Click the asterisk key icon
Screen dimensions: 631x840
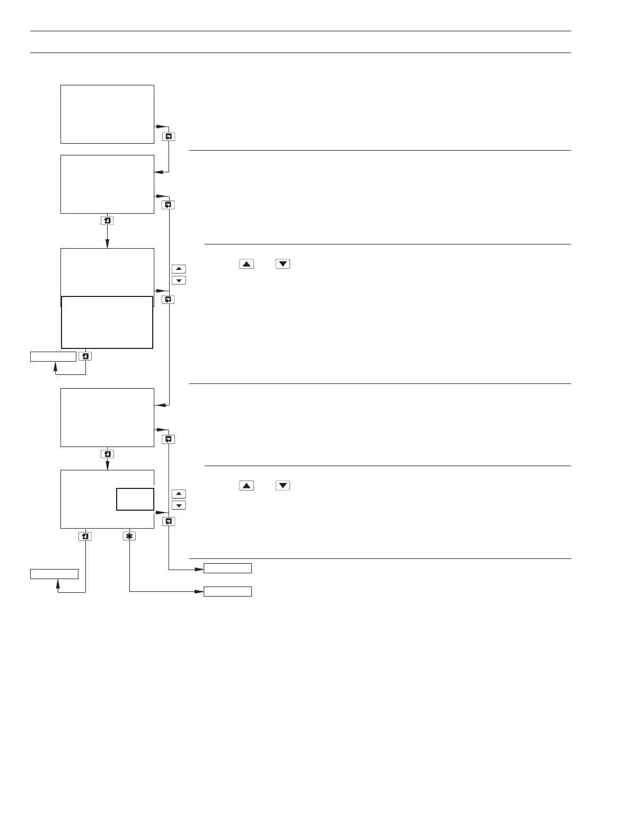click(129, 536)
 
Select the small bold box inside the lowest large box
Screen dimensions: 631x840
click(135, 499)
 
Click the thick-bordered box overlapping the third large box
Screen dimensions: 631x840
click(107, 322)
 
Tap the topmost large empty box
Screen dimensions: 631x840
click(107, 114)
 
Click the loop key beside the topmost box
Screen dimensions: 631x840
click(169, 136)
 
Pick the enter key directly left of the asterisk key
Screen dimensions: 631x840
click(85, 536)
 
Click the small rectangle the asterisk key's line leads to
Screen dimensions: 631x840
click(227, 591)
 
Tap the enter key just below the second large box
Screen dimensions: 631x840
click(107, 220)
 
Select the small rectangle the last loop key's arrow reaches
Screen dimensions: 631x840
click(227, 568)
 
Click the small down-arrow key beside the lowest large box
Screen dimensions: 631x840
click(179, 505)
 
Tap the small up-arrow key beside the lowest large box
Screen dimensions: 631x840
click(179, 494)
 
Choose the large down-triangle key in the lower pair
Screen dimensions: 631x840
click(283, 485)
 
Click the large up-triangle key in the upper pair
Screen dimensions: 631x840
click(247, 264)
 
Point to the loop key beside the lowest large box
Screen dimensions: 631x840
click(169, 521)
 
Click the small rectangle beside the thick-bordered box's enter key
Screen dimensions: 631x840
click(53, 356)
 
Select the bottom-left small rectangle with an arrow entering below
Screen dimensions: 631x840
click(54, 574)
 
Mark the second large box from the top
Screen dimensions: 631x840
click(107, 184)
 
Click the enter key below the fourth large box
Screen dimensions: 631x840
click(107, 454)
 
